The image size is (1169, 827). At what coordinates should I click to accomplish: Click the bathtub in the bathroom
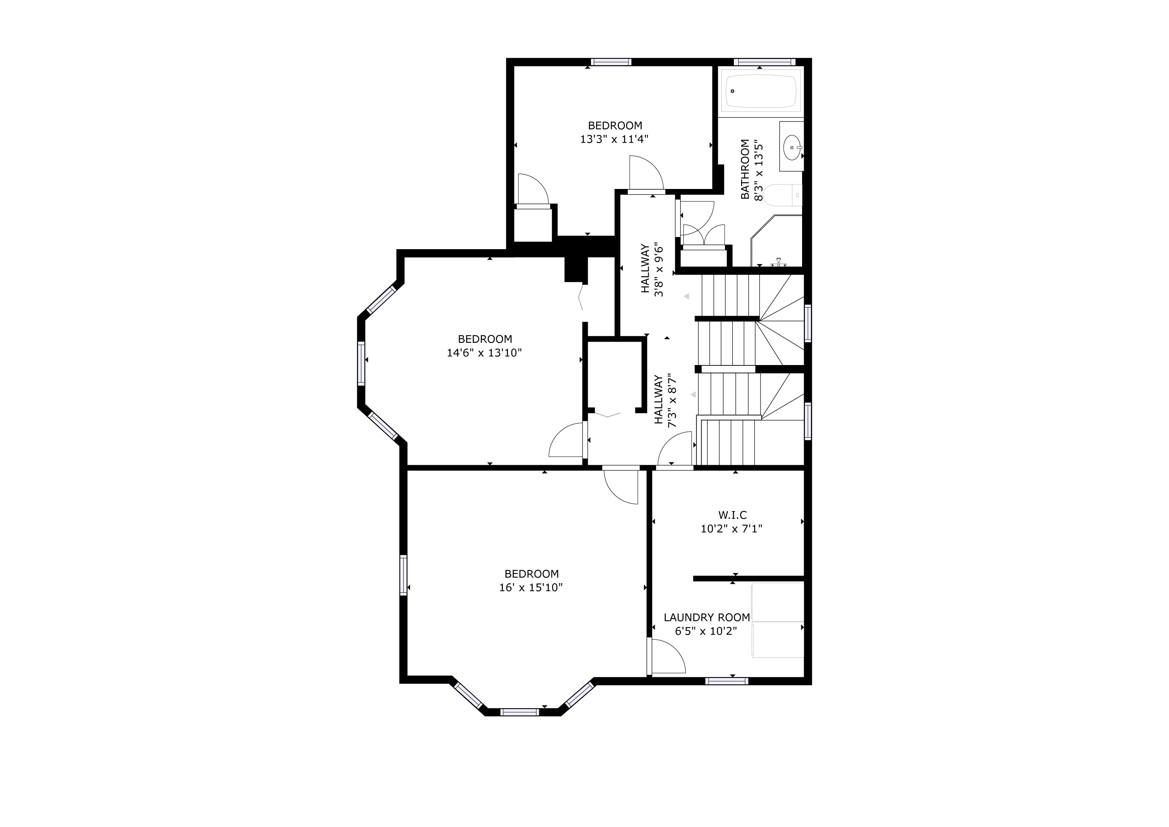tap(762, 92)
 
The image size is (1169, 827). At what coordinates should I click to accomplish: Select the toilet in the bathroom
tap(783, 195)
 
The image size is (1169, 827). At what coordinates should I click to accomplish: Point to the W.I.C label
tap(733, 515)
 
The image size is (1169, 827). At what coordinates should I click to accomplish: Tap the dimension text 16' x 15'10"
tap(531, 588)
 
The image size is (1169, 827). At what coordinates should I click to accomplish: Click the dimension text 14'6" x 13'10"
tap(485, 353)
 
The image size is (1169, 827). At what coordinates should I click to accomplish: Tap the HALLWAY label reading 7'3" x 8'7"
tap(666, 400)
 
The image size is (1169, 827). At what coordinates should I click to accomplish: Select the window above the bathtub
tap(764, 62)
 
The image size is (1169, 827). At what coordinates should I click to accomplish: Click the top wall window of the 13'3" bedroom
tap(611, 62)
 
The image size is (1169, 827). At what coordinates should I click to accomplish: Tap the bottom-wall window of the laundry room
tap(727, 681)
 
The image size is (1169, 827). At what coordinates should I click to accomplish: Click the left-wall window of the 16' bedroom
tap(404, 575)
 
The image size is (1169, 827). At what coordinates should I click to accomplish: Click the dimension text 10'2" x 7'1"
tap(732, 529)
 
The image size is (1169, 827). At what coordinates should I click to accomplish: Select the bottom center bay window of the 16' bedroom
tap(520, 712)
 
